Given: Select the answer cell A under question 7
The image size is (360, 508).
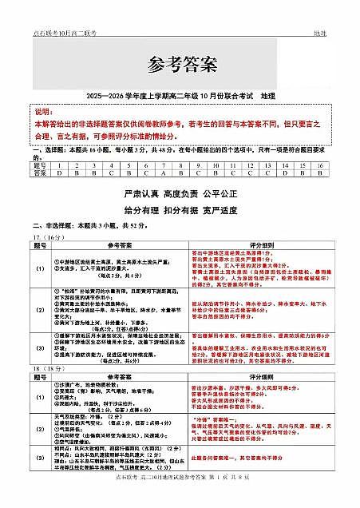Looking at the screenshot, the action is [162, 173].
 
